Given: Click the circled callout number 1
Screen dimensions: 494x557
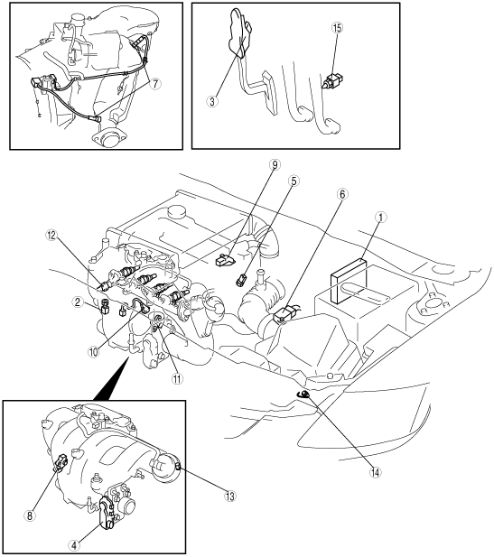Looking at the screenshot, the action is [380, 218].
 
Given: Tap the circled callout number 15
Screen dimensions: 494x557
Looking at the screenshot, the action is [337, 28].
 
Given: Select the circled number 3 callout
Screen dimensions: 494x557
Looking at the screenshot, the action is [212, 102].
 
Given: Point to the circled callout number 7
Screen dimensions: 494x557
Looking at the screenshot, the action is [155, 84].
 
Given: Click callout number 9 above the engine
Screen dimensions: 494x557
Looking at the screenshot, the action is [275, 165].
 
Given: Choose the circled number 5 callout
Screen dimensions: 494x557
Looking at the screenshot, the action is [294, 181].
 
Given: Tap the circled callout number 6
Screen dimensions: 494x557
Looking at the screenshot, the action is [342, 194].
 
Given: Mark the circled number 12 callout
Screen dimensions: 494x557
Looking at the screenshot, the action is [51, 235].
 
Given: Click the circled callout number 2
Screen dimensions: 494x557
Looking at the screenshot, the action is [77, 302].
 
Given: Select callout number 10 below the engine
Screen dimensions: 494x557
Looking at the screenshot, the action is [93, 352].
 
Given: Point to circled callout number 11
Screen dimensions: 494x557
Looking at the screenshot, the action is [177, 379].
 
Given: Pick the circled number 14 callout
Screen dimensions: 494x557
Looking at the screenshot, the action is [376, 472].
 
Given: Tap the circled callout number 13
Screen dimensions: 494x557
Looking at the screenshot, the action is [230, 496].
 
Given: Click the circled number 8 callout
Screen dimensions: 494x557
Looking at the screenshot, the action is [30, 515].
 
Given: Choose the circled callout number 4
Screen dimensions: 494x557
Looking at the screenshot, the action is [74, 545].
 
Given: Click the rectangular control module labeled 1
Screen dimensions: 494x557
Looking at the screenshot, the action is [349, 283].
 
